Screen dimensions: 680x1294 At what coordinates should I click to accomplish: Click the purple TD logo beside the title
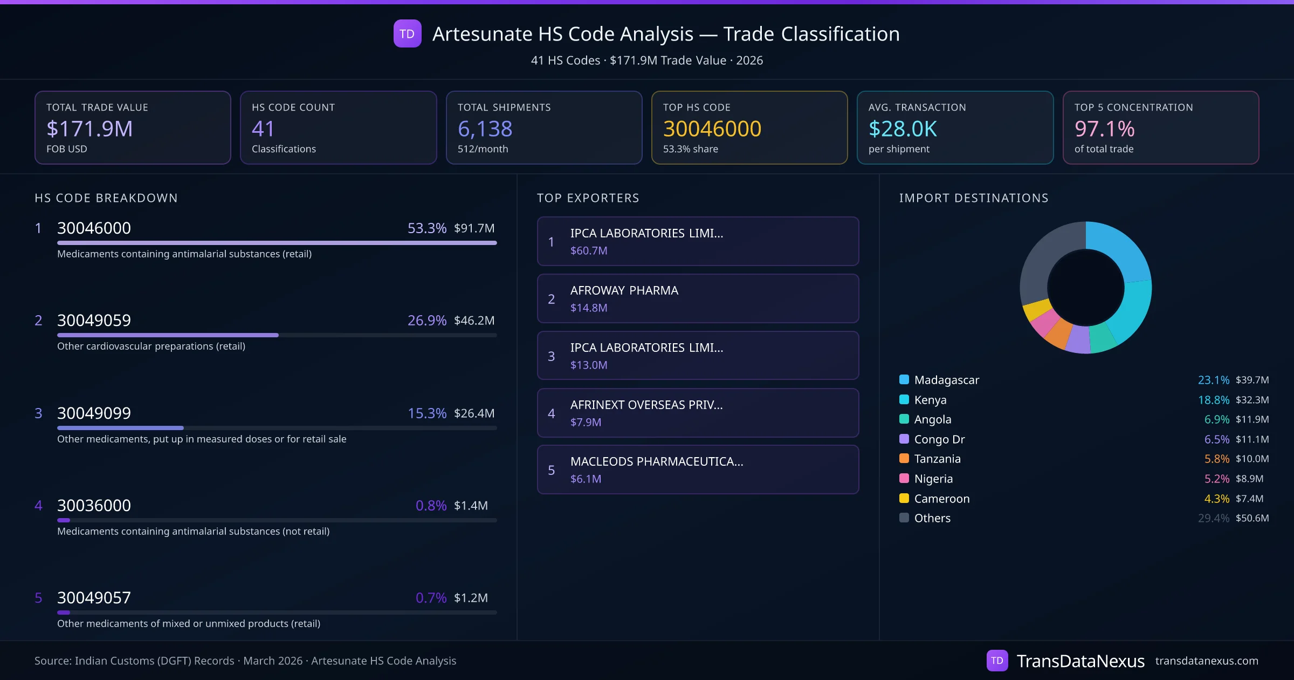(407, 33)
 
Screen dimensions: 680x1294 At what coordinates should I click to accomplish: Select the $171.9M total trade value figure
(90, 129)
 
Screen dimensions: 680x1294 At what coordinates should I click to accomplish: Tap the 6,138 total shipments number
(485, 129)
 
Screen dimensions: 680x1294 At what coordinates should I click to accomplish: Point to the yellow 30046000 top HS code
(712, 129)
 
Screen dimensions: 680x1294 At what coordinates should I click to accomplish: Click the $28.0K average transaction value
(903, 129)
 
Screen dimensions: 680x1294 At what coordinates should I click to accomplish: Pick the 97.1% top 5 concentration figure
(1104, 129)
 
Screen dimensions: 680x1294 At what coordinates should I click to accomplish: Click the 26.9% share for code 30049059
(426, 321)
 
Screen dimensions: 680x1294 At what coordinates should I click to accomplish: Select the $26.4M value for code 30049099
(474, 413)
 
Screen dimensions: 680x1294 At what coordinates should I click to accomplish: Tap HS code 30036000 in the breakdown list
(94, 506)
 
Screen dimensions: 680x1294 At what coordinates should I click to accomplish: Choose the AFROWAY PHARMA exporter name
(624, 290)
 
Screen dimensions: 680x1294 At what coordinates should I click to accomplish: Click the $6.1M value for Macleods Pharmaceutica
(586, 479)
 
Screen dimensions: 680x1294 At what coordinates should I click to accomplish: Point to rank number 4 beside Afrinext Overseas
(551, 413)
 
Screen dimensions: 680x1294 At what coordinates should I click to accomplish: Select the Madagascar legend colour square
(904, 379)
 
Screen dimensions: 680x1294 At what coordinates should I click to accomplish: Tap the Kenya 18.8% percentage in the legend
(1213, 400)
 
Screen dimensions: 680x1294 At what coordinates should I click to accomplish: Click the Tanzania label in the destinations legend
(937, 459)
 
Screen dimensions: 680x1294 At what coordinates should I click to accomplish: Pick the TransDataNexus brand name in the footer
(1080, 661)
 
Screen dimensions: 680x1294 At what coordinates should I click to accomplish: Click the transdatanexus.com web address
(1206, 661)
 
